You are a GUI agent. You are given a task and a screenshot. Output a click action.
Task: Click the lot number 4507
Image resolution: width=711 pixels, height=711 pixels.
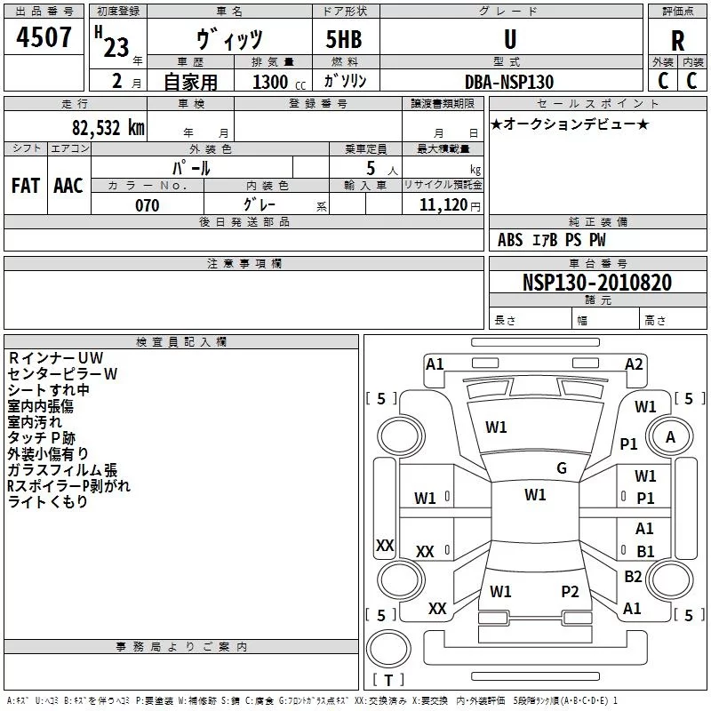[44, 37]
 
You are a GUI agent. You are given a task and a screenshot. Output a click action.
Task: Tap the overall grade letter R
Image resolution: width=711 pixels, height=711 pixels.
[677, 41]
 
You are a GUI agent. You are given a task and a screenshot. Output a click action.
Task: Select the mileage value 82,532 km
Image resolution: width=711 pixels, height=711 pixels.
[108, 128]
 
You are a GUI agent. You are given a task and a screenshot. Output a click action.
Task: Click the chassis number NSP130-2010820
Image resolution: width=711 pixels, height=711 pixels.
[596, 283]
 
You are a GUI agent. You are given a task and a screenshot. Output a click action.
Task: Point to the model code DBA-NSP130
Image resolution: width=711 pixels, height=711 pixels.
[509, 82]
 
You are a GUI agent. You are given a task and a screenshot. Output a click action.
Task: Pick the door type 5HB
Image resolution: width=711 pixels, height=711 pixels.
[344, 39]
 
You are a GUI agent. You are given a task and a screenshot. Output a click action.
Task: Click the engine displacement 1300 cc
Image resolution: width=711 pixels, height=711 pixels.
[279, 82]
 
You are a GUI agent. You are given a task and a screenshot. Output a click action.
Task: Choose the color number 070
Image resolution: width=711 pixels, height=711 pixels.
[148, 205]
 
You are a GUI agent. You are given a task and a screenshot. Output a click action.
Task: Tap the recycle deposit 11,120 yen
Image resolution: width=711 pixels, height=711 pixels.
[450, 205]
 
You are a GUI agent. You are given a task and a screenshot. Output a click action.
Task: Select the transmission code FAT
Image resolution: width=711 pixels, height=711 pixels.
[26, 186]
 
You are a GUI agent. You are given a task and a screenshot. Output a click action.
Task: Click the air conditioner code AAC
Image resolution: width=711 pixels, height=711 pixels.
[68, 186]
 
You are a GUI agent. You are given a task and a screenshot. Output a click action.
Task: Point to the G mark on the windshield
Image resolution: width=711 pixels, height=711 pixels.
[562, 468]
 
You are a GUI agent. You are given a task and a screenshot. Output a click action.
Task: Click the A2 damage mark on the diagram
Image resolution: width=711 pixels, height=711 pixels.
[634, 364]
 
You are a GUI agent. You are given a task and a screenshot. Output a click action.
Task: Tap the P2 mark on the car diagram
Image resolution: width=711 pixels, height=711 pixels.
[570, 591]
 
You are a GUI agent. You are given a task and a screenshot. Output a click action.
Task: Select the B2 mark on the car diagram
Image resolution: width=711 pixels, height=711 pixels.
[633, 576]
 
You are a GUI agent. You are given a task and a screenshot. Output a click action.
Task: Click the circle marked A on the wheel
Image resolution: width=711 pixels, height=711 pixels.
[670, 437]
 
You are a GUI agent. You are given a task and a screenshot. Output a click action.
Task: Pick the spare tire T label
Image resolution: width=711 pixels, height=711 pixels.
[388, 680]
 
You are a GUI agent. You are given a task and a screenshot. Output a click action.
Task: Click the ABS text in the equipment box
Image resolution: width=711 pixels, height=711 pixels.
[510, 240]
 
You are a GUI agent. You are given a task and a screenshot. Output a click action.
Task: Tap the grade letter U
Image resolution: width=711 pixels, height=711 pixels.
[510, 39]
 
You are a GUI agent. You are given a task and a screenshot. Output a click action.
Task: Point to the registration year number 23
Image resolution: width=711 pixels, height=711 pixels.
[116, 48]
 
